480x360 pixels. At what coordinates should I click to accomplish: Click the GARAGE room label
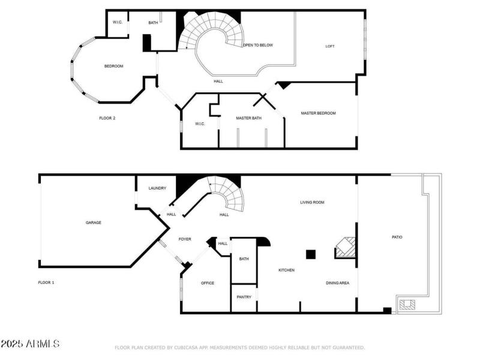pos(93,223)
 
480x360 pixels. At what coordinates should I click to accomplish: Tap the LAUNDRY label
pos(157,188)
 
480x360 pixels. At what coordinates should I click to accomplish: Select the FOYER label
pos(185,239)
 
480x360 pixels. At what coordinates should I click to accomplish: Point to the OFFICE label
pos(208,283)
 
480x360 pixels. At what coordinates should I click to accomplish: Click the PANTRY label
pos(244,297)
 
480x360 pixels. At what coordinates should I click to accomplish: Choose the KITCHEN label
pos(286,270)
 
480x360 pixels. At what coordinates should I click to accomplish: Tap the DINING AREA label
pos(337,283)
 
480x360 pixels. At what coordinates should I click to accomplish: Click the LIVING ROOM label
pos(312,202)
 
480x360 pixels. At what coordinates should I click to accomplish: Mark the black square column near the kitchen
pos(310,254)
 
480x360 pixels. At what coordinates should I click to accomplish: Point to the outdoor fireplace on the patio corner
pos(407,304)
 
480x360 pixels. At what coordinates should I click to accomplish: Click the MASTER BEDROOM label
pos(318,113)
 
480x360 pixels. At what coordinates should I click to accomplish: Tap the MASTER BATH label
pos(248,118)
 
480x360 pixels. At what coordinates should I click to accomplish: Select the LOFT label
pos(329,46)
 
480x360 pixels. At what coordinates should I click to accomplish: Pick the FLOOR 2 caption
pos(107,118)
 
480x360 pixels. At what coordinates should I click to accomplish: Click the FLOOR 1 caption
pos(46,282)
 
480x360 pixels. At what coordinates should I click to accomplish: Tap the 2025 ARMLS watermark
pos(30,344)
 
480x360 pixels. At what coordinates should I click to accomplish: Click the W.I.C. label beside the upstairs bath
pos(118,23)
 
